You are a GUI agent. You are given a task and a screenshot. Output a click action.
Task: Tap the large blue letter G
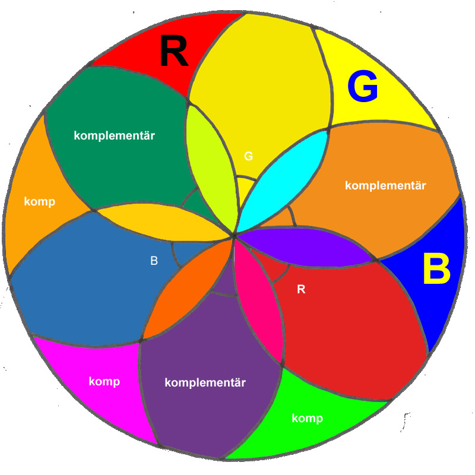tap(362, 87)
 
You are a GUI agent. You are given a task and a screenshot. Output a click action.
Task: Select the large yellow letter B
tap(436, 270)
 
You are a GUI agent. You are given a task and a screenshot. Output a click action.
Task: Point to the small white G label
tap(248, 156)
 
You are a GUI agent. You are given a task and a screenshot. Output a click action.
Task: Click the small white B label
tap(154, 260)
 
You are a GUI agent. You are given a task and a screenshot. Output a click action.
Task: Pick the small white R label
tap(301, 290)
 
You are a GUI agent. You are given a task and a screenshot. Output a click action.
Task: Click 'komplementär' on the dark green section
tap(114, 135)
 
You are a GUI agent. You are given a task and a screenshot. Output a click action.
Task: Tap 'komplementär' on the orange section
tap(385, 185)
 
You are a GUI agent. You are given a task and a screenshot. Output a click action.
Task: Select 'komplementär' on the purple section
tap(205, 382)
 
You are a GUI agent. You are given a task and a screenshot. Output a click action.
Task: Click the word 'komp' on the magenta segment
tap(104, 381)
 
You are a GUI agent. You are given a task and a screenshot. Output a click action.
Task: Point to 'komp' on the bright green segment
tap(307, 419)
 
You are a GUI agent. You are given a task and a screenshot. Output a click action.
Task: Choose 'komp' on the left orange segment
tap(39, 202)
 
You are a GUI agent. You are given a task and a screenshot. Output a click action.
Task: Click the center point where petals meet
tap(234, 236)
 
